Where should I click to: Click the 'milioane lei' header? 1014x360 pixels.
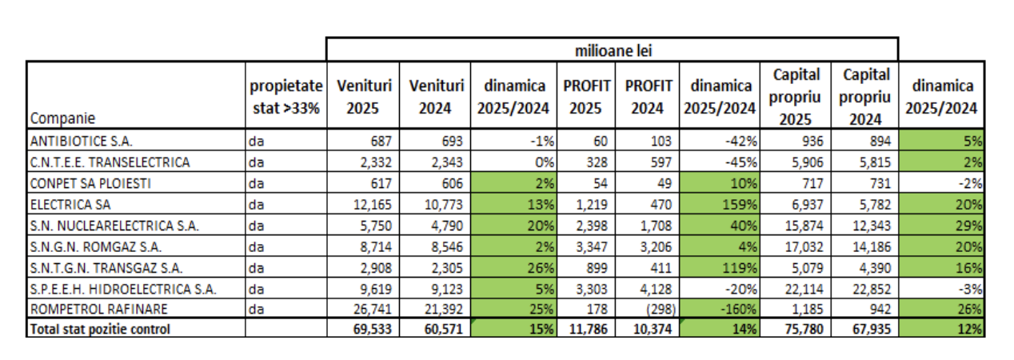(x=612, y=50)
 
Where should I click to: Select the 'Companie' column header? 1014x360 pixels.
(x=62, y=118)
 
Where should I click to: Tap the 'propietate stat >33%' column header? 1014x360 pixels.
(x=285, y=96)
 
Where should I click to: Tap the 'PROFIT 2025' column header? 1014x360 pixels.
(x=587, y=96)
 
